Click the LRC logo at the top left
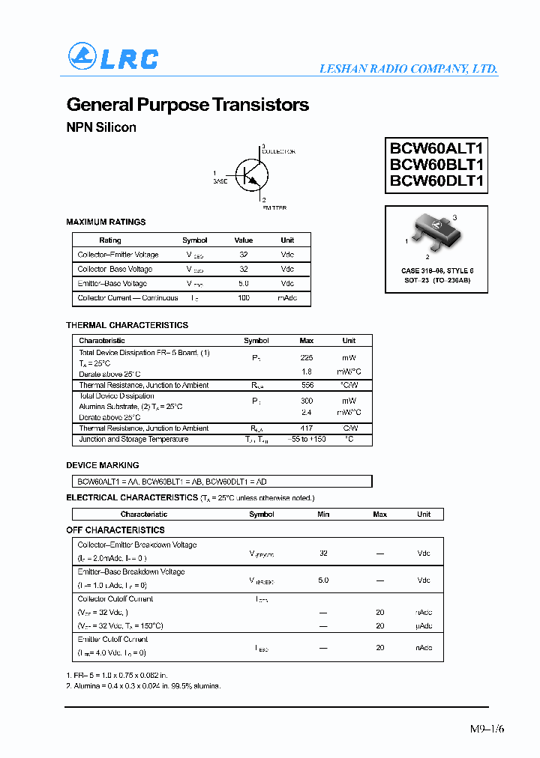point(113,57)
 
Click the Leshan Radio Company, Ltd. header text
point(408,68)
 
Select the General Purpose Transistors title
point(187,105)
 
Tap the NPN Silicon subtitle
point(101,127)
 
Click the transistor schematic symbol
point(251,175)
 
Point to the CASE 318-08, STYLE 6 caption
point(437,270)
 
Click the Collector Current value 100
point(244,298)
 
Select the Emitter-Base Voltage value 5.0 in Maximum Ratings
point(244,284)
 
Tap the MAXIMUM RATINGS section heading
point(106,222)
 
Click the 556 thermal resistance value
point(307,385)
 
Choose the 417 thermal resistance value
point(307,428)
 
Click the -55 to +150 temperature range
point(306,440)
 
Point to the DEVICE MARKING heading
point(103,465)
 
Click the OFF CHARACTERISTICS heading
point(115,530)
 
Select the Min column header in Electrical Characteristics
point(323,515)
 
